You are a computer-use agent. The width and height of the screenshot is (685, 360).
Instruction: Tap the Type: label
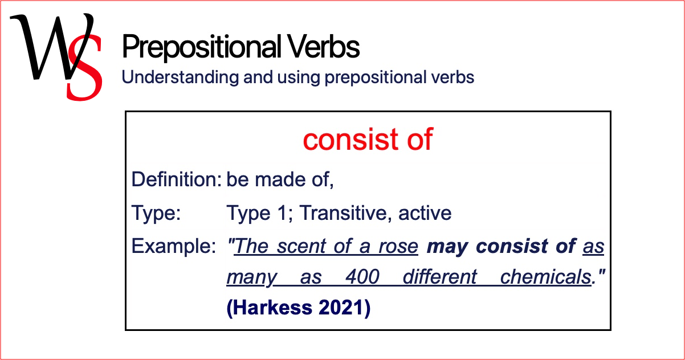click(x=156, y=213)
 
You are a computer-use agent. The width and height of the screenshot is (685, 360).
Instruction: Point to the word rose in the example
click(x=402, y=247)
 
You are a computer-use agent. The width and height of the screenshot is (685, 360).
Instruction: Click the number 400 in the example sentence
click(x=362, y=277)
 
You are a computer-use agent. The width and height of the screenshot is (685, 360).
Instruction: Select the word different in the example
click(x=440, y=277)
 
